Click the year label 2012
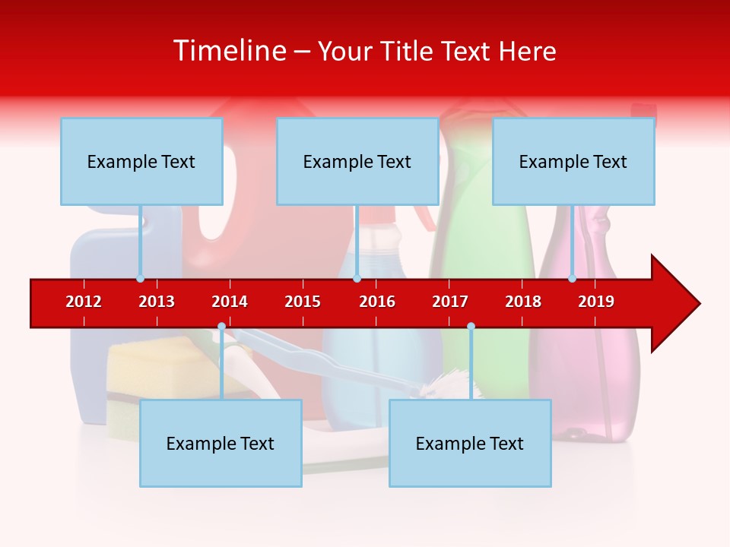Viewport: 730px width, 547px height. tap(84, 302)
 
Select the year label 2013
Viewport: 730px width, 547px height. tap(157, 302)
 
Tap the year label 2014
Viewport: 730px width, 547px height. tap(230, 302)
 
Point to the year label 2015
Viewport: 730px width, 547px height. tap(303, 302)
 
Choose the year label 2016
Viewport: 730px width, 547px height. tap(377, 302)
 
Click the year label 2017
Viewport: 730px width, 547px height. tap(450, 302)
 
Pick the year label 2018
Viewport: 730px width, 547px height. tap(523, 302)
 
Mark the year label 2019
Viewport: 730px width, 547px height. tap(596, 302)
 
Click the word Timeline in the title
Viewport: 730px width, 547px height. tap(228, 51)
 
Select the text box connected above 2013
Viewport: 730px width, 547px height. tap(141, 161)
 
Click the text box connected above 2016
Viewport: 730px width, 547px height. tap(357, 161)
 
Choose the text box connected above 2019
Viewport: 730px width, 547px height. tap(573, 161)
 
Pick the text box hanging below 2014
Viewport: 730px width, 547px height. tap(221, 443)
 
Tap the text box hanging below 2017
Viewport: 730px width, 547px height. tap(470, 443)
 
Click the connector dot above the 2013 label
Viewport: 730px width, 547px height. tap(140, 278)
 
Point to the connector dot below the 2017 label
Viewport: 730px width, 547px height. tap(471, 327)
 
